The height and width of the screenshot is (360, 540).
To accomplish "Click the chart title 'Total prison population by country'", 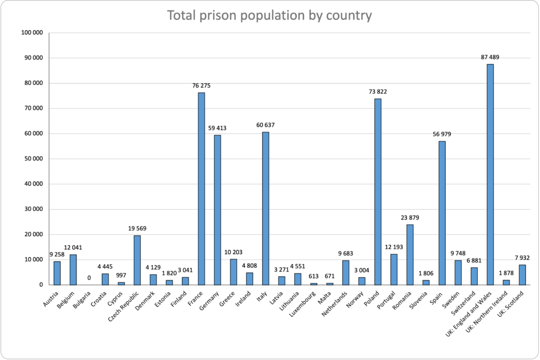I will [x=269, y=15].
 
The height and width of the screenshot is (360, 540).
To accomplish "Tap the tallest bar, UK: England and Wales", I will [x=490, y=174].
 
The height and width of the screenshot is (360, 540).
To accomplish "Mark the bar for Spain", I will [x=442, y=213].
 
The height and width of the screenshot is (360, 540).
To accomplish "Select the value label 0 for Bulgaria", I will [x=89, y=278].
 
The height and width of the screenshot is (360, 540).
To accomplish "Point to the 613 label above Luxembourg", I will [x=314, y=276].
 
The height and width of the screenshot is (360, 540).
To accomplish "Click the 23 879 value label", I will [x=410, y=217].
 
